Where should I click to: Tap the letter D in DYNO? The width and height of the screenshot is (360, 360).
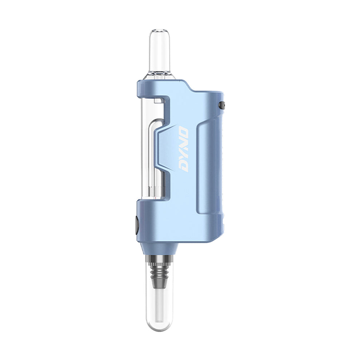point(185,167)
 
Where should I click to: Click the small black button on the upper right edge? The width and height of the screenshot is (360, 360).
point(223,105)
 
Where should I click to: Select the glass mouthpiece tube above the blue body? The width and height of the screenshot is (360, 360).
point(160,55)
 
